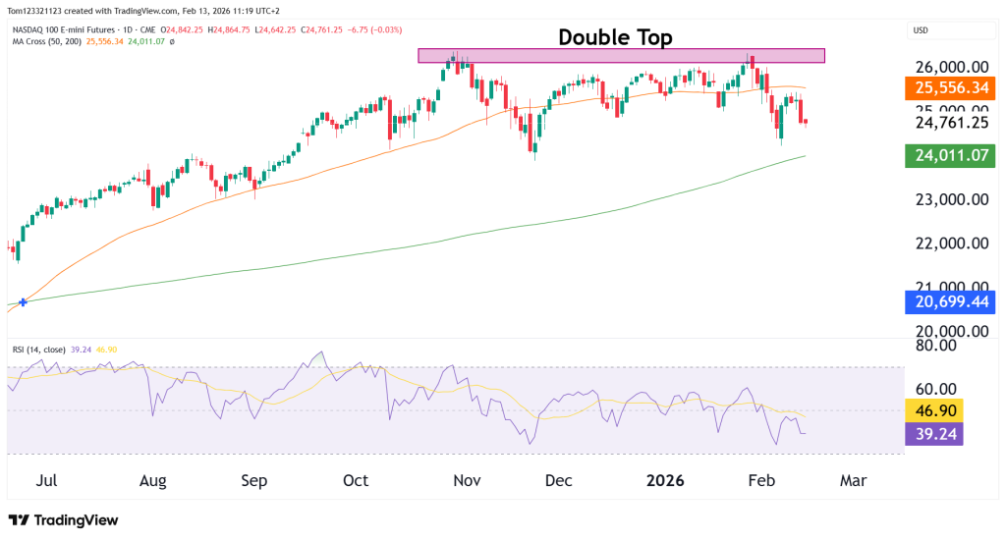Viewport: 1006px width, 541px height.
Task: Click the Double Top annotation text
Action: [x=615, y=37]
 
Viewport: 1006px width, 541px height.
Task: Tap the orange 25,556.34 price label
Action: [x=950, y=87]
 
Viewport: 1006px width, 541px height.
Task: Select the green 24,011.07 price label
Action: [x=950, y=155]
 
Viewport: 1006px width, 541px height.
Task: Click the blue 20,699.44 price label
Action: [x=950, y=301]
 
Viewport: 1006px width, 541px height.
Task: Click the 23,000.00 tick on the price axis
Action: [x=951, y=199]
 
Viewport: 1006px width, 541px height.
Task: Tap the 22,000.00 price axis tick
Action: [x=951, y=243]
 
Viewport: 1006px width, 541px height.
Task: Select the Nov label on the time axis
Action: [x=467, y=481]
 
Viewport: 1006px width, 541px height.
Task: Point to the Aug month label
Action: [x=153, y=481]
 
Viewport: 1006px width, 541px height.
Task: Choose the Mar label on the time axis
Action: [x=853, y=481]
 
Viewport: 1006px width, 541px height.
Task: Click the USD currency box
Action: [x=922, y=29]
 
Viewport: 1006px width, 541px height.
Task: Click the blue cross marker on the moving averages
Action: [x=22, y=302]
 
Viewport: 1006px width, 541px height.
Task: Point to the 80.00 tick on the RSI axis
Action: [x=937, y=345]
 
